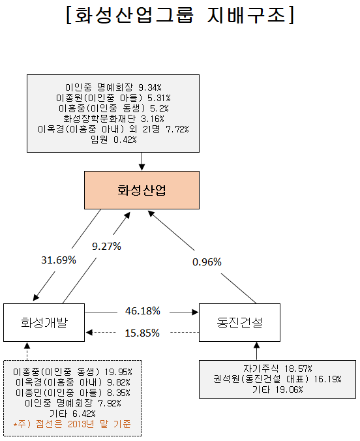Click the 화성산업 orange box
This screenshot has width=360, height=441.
pyautogui.click(x=142, y=190)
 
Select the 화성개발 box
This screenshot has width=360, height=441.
pyautogui.click(x=44, y=322)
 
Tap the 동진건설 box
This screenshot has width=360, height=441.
pyautogui.click(x=239, y=322)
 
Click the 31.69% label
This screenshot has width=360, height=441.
pyautogui.click(x=59, y=260)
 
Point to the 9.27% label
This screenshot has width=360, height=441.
pyautogui.click(x=106, y=247)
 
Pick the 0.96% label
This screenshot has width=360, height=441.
pyautogui.click(x=207, y=262)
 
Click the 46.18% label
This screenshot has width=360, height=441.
pyautogui.click(x=143, y=311)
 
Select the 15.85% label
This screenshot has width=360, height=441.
pyautogui.click(x=142, y=333)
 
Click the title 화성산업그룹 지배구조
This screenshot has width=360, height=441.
pyautogui.click(x=180, y=15)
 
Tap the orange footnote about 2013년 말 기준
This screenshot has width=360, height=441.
pyautogui.click(x=72, y=424)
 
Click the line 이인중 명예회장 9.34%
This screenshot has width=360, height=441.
pyautogui.click(x=113, y=87)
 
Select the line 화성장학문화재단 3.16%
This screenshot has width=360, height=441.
pyautogui.click(x=113, y=119)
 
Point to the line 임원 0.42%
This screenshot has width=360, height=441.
pyautogui.click(x=113, y=140)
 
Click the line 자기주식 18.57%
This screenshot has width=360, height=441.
pyautogui.click(x=278, y=369)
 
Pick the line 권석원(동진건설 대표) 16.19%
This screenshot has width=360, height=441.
pyautogui.click(x=278, y=379)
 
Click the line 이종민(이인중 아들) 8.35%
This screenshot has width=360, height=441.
pyautogui.click(x=73, y=393)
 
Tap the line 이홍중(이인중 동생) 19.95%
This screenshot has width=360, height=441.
pyautogui.click(x=72, y=372)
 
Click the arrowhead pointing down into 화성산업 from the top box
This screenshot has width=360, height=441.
pyautogui.click(x=142, y=167)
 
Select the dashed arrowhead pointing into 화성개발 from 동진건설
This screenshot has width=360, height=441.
pyautogui.click(x=89, y=333)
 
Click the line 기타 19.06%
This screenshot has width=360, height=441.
pyautogui.click(x=278, y=389)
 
